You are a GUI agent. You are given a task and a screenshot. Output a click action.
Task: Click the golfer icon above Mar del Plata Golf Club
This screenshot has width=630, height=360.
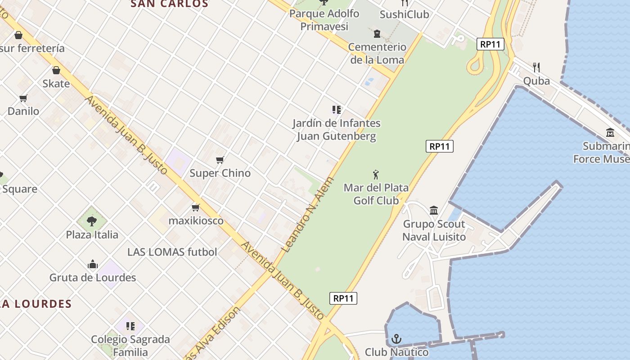coord(376,175)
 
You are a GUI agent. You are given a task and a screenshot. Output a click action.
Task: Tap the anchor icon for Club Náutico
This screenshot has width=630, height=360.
coord(396,339)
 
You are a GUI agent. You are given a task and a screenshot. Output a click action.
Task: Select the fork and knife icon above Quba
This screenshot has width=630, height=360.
coord(536,67)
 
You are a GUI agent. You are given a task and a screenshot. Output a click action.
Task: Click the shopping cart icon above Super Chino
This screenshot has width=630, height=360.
coord(220,160)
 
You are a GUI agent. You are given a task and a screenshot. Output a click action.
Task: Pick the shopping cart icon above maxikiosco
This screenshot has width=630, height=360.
coord(196,207)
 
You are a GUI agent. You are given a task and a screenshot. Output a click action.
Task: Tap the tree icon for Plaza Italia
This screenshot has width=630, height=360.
coord(92,221)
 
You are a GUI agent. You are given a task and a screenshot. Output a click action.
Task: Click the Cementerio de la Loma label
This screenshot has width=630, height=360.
coord(377,53)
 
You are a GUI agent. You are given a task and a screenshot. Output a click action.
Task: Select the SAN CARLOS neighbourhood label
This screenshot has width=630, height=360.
coord(169,4)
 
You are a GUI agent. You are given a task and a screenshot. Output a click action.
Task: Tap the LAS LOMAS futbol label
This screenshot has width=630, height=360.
coord(172,252)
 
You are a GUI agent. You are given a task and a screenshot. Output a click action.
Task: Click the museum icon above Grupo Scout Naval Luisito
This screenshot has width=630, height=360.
coord(434,210)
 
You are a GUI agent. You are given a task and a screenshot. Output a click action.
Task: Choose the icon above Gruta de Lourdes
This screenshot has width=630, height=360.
coord(93,264)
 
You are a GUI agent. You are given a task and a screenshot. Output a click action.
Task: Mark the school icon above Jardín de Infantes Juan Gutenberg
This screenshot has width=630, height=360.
coord(336,110)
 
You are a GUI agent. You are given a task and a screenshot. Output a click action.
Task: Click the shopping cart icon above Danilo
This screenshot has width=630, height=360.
coord(23,98)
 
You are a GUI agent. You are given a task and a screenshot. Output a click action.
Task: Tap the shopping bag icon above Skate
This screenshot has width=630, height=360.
coord(56,70)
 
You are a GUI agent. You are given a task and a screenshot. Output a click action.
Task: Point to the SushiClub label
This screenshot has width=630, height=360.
coord(404,14)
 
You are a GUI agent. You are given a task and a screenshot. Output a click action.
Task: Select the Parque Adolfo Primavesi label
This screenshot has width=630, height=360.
coord(324,20)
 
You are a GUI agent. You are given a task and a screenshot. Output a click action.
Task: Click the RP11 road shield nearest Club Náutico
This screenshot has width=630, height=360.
coord(343,298)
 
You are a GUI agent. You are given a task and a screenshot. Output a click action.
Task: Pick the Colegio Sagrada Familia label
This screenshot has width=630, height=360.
coord(130,346)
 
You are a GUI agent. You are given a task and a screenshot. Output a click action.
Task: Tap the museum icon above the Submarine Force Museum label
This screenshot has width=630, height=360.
coord(610,133)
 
